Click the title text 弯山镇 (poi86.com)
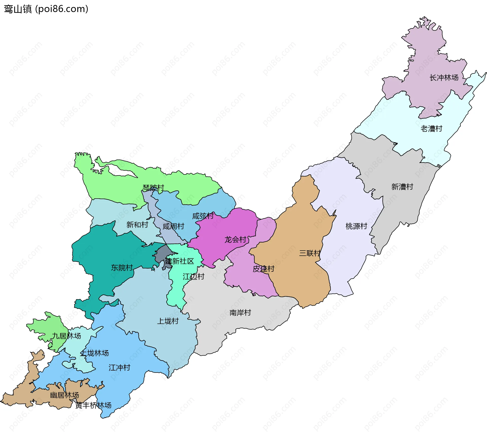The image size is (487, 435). pos(46,9)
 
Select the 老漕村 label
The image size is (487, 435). pos(431,129)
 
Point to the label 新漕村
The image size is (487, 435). pos(402,187)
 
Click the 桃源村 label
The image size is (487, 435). pos(356,226)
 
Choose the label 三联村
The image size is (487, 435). pos(310,253)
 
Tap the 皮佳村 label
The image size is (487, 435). pos(263,269)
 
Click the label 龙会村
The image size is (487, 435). pos(235,239)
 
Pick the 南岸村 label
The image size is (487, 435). pos(240,313)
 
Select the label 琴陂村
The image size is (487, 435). pos(153,188)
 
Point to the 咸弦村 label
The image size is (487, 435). pos(203,216)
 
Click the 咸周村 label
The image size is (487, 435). pos(173,226)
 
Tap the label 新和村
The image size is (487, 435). pos(137,225)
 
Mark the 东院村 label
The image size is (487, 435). pos(122,268)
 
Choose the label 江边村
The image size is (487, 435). pos(193,277)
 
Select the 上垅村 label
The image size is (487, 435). pos(168,321)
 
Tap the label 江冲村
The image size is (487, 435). pos(119,368)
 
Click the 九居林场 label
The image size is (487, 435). pos(66,336)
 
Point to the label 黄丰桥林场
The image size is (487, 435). pos(93,405)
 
